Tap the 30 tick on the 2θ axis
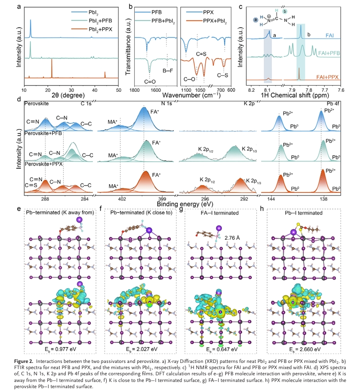71,89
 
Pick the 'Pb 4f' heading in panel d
333,103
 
